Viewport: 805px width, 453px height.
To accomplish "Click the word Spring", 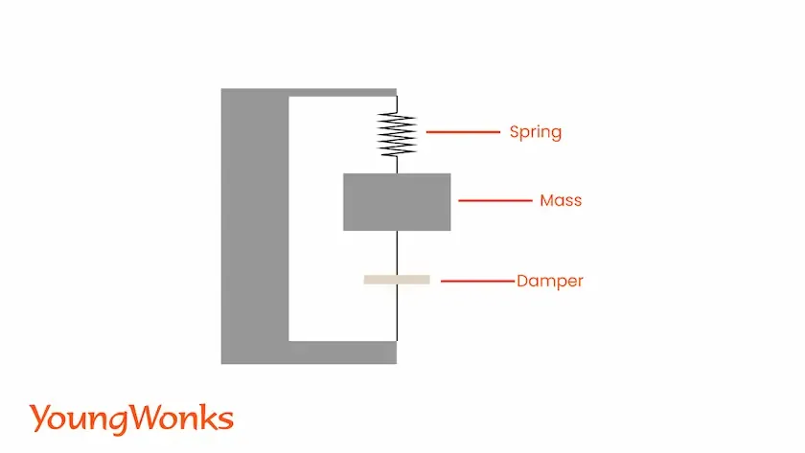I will (535, 132).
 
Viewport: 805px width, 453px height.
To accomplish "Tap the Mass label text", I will (561, 201).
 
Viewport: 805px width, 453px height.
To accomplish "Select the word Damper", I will (550, 282).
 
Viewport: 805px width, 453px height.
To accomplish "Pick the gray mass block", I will (397, 202).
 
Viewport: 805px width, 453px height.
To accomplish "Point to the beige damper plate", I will (397, 280).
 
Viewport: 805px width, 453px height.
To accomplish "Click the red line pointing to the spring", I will (463, 132).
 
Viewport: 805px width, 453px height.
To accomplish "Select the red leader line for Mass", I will (494, 201).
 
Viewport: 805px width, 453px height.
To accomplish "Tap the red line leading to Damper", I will (477, 282).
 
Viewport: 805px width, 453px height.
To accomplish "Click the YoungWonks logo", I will (131, 419).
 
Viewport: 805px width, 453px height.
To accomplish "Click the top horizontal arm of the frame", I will (342, 92).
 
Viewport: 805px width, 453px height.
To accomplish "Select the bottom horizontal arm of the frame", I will (342, 351).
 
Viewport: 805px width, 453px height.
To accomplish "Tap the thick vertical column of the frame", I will (254, 226).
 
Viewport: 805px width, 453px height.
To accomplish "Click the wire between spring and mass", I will (397, 165).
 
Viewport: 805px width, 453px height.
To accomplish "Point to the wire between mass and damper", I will (397, 253).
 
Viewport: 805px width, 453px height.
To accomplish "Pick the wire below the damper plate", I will (397, 312).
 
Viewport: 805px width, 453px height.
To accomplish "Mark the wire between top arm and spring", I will (397, 104).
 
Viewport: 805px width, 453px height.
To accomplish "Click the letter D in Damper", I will (522, 282).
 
